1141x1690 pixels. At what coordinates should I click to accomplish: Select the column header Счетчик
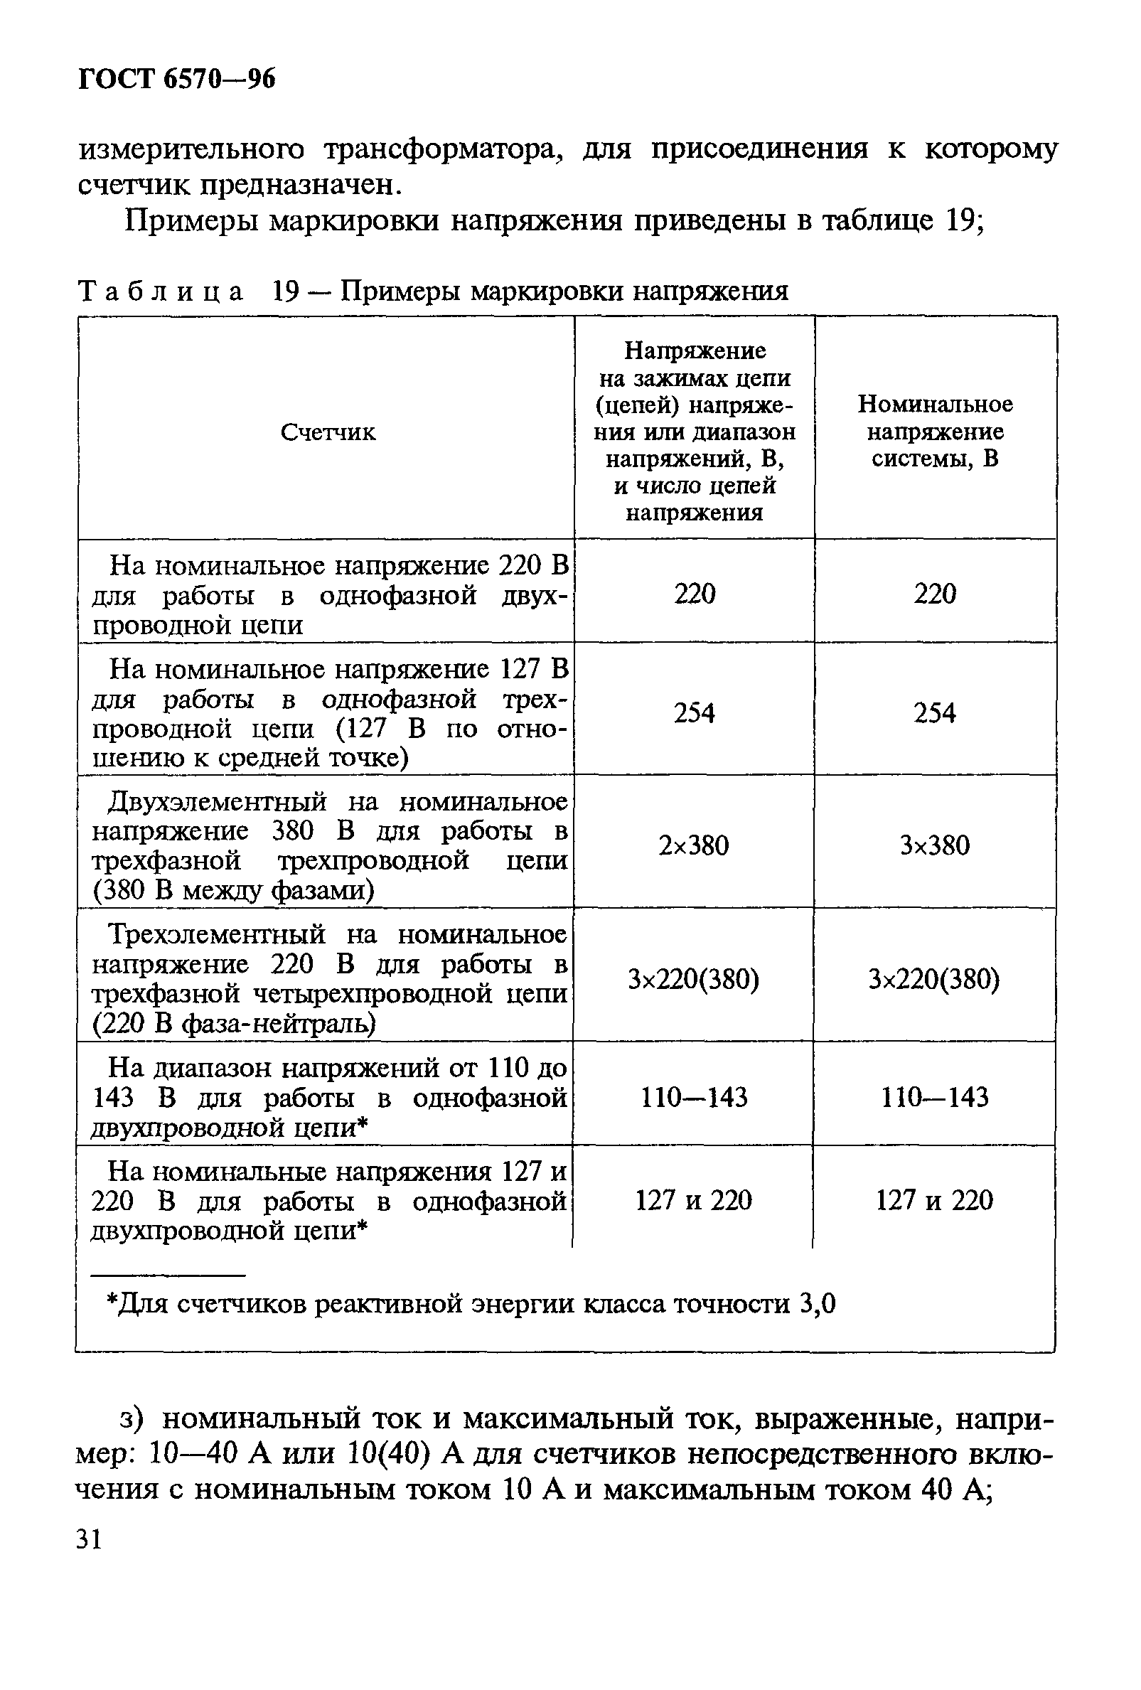click(x=328, y=433)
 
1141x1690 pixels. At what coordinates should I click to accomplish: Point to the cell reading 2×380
click(x=694, y=846)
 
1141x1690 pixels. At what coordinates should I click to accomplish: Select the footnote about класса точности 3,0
click(x=471, y=1305)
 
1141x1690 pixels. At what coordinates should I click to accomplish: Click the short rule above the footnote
click(x=168, y=1275)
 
